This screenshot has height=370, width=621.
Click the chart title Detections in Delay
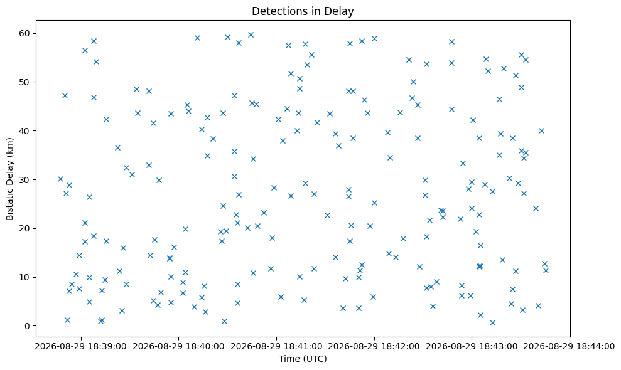303,11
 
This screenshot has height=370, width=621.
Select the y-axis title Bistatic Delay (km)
9,179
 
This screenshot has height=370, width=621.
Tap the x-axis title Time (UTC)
303,359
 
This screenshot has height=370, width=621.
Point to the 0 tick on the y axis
27,326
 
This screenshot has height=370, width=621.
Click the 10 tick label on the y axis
24,277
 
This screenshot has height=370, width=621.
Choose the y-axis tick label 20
24,228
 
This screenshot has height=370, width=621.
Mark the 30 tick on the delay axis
24,179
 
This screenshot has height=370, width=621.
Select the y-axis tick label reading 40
24,131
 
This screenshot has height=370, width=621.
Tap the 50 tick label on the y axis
24,82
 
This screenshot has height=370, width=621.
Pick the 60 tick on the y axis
24,33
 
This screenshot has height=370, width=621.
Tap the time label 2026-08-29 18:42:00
374,347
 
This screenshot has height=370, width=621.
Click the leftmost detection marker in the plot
61,179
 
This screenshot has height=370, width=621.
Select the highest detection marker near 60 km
251,35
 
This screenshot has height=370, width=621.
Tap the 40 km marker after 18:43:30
541,130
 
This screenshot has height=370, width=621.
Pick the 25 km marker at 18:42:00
374,203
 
